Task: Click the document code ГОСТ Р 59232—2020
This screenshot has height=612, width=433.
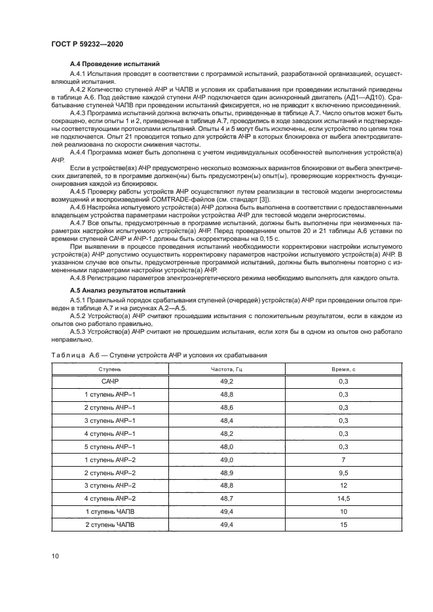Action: (x=88, y=44)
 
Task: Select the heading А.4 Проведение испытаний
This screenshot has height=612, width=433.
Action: (x=115, y=64)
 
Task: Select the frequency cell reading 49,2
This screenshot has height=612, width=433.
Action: (x=227, y=382)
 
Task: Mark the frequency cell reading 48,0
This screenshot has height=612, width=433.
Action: (x=227, y=447)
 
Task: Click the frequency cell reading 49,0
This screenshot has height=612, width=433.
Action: (x=227, y=459)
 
